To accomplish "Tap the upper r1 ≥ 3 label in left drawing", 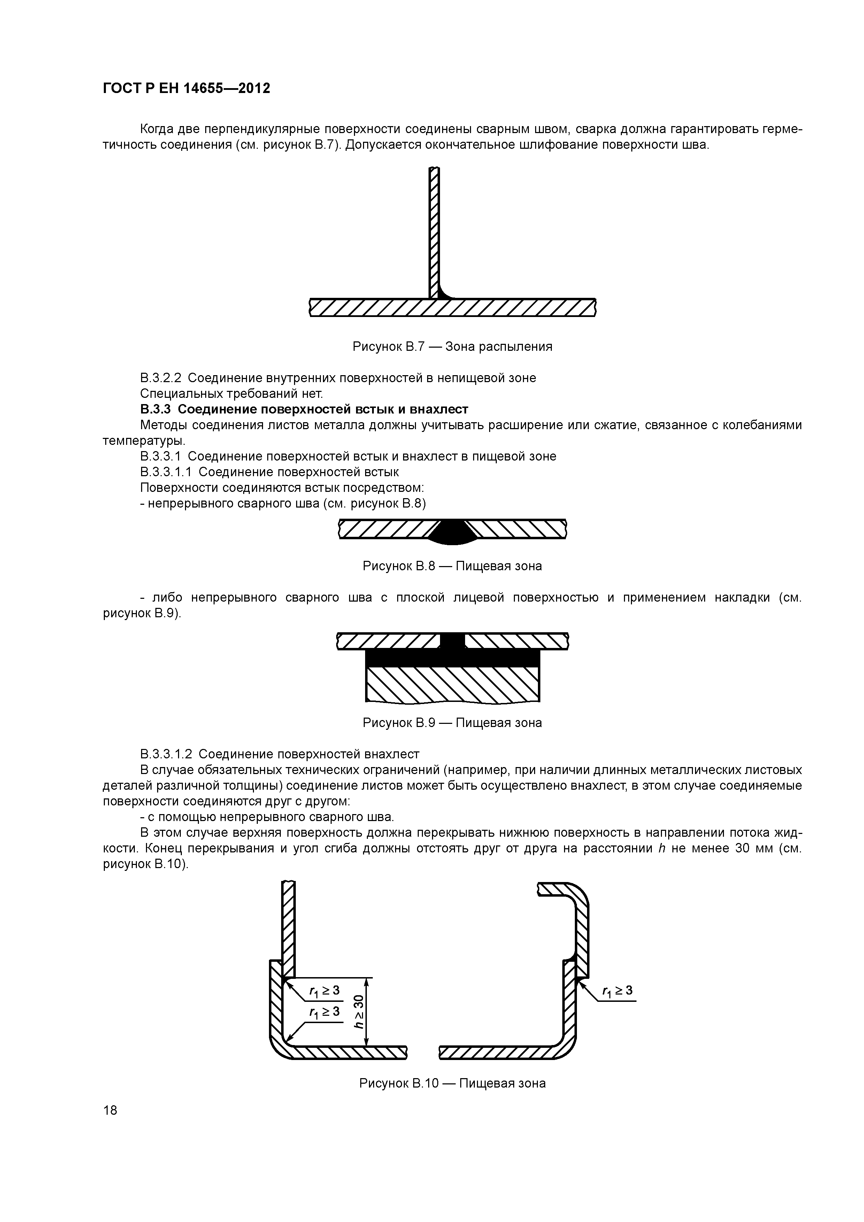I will click(x=324, y=990).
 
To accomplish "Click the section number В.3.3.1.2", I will click(x=166, y=754).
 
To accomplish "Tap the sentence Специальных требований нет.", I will click(x=231, y=394).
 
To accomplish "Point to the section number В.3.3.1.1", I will click(x=166, y=472).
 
